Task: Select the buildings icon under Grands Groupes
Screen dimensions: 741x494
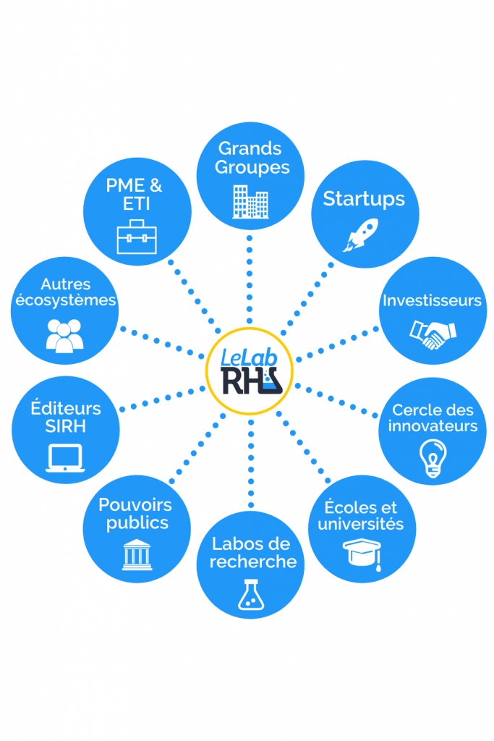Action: pyautogui.click(x=250, y=201)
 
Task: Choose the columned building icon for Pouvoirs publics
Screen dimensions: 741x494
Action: pyautogui.click(x=137, y=554)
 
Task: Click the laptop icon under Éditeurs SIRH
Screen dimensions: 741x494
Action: pyautogui.click(x=65, y=459)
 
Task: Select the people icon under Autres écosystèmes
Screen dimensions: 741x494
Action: pyautogui.click(x=64, y=335)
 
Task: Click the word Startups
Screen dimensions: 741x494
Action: pyautogui.click(x=364, y=199)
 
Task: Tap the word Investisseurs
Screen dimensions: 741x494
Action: pyautogui.click(x=432, y=300)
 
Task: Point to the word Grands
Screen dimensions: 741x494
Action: pyautogui.click(x=250, y=149)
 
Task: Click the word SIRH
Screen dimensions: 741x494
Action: pyautogui.click(x=65, y=427)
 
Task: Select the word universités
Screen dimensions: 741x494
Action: pyautogui.click(x=361, y=524)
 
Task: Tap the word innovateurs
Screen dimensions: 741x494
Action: pyautogui.click(x=433, y=425)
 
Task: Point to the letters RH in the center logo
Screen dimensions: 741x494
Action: pyautogui.click(x=241, y=381)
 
